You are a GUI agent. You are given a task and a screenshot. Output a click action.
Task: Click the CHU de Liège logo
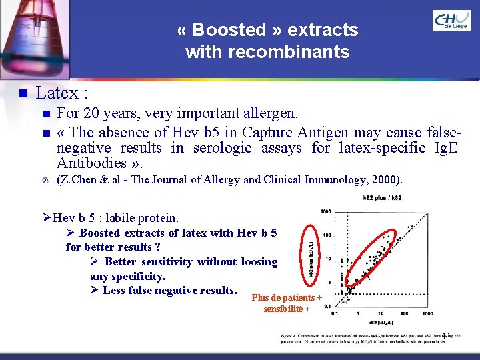coord(451,21)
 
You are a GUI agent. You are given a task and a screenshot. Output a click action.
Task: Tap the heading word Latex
coord(57,93)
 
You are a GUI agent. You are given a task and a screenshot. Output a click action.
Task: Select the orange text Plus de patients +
coord(287,298)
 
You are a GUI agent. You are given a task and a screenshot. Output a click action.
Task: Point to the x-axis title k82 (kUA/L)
coord(379,321)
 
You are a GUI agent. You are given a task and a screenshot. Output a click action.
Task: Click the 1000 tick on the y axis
coord(326,212)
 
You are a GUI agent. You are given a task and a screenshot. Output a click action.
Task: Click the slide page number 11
coord(447,336)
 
